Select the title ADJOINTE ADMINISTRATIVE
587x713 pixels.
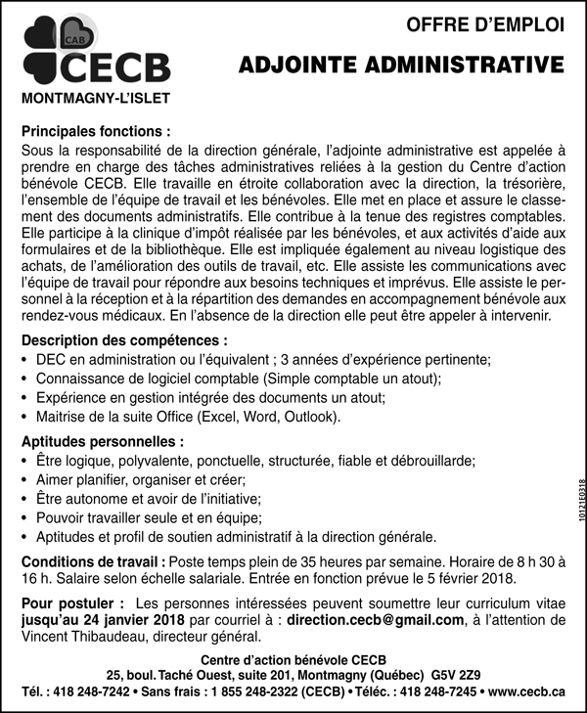tap(403, 65)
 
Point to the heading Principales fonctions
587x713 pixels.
tap(96, 130)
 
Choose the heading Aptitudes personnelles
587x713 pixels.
tap(103, 441)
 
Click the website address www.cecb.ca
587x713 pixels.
tap(526, 691)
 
